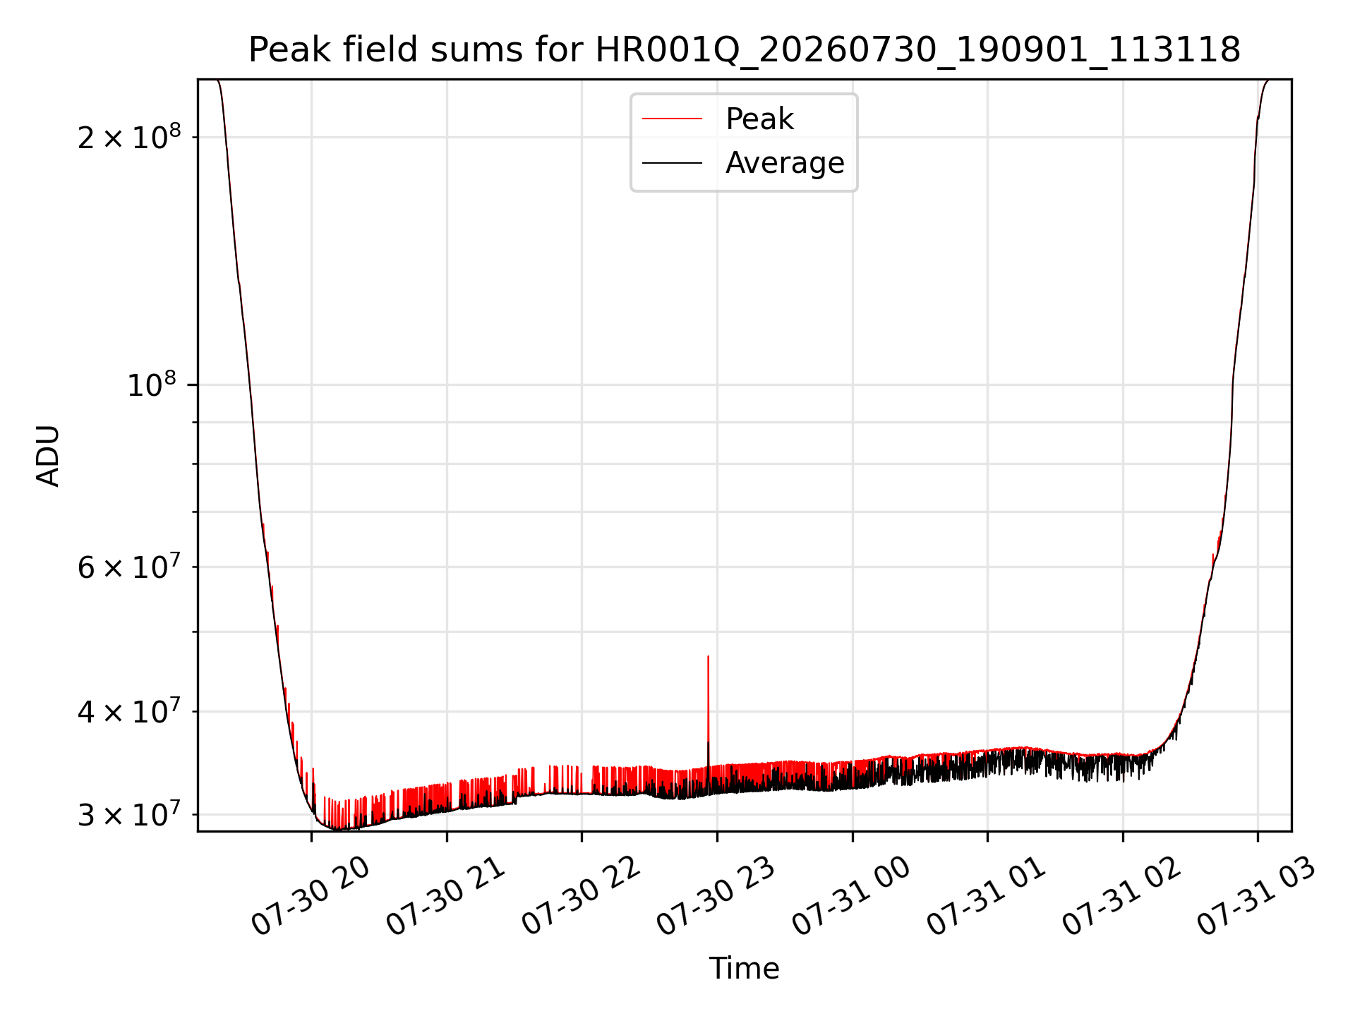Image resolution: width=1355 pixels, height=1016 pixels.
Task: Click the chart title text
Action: pyautogui.click(x=745, y=50)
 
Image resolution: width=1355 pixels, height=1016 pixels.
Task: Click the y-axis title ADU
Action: pyautogui.click(x=48, y=456)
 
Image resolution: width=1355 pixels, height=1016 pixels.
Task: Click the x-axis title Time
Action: pyautogui.click(x=745, y=969)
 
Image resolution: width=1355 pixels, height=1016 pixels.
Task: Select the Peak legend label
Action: pyautogui.click(x=759, y=119)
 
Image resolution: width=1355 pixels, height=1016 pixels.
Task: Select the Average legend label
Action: pyautogui.click(x=785, y=163)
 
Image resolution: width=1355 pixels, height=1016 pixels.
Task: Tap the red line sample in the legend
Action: pyautogui.click(x=672, y=119)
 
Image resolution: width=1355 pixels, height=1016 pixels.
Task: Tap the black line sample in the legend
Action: pyautogui.click(x=672, y=163)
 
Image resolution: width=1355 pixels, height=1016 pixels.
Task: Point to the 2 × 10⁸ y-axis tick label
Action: pyautogui.click(x=129, y=136)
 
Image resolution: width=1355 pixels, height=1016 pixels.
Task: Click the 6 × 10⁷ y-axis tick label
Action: pyautogui.click(x=129, y=567)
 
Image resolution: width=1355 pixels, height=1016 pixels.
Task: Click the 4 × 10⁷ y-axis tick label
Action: pyautogui.click(x=129, y=711)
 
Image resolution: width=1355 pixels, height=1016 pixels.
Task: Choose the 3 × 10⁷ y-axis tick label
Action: pyautogui.click(x=129, y=814)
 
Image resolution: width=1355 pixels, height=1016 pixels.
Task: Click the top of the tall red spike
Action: pyautogui.click(x=708, y=656)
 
